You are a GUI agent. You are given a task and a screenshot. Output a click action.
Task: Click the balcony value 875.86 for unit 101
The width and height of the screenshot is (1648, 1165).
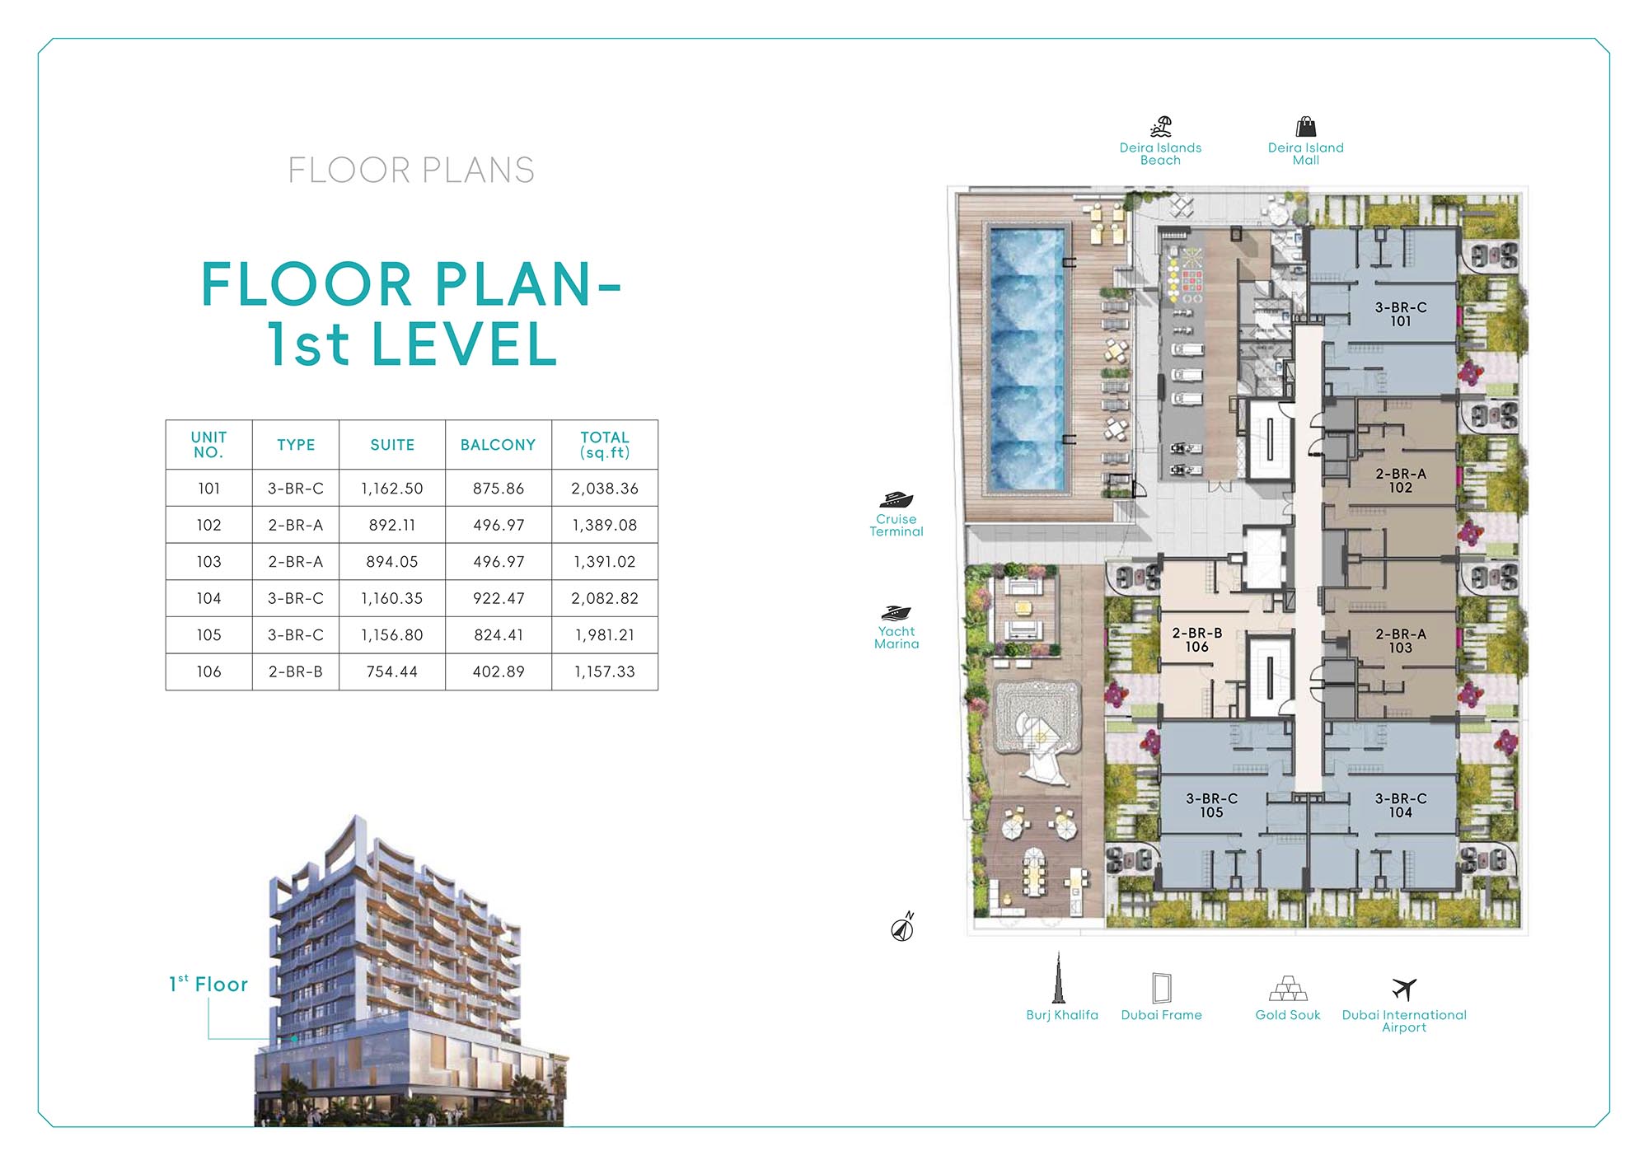click(x=498, y=489)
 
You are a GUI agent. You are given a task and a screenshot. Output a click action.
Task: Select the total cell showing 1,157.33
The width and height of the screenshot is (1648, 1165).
click(x=604, y=671)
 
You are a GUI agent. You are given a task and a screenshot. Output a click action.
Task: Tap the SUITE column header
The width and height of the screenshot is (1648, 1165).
click(x=392, y=445)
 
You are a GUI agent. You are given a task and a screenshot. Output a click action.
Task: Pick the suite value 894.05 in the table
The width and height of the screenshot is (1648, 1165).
click(x=392, y=562)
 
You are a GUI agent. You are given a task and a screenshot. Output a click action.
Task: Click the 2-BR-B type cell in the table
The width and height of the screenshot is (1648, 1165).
click(x=295, y=671)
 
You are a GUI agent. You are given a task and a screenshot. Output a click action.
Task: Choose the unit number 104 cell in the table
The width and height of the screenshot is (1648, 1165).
click(x=208, y=598)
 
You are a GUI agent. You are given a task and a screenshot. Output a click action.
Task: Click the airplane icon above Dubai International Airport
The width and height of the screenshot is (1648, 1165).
click(x=1404, y=988)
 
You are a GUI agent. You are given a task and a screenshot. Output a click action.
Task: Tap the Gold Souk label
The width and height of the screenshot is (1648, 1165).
click(x=1287, y=1015)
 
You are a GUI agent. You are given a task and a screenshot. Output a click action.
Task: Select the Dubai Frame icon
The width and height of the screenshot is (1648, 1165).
click(x=1161, y=987)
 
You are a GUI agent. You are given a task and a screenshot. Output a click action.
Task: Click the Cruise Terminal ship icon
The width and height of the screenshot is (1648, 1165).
click(x=896, y=499)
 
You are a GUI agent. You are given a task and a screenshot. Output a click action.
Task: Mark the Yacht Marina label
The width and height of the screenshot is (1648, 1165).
click(x=897, y=638)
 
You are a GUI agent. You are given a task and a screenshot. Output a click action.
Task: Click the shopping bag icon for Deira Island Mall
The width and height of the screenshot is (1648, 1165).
click(x=1305, y=127)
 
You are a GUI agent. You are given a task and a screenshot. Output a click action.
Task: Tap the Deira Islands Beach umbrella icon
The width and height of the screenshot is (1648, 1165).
click(x=1161, y=127)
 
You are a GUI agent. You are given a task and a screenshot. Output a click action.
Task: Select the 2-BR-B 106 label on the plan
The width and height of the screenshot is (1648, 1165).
click(x=1196, y=640)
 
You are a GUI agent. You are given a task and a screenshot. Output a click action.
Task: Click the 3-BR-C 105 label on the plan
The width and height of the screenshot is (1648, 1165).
click(x=1211, y=805)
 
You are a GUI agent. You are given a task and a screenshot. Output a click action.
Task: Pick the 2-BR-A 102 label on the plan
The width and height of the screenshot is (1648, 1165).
click(x=1400, y=480)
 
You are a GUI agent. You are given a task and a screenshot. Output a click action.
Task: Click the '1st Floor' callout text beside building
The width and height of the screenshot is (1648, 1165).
click(x=208, y=985)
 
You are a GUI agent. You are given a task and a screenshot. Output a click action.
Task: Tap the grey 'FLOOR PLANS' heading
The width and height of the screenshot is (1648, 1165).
click(x=411, y=171)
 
